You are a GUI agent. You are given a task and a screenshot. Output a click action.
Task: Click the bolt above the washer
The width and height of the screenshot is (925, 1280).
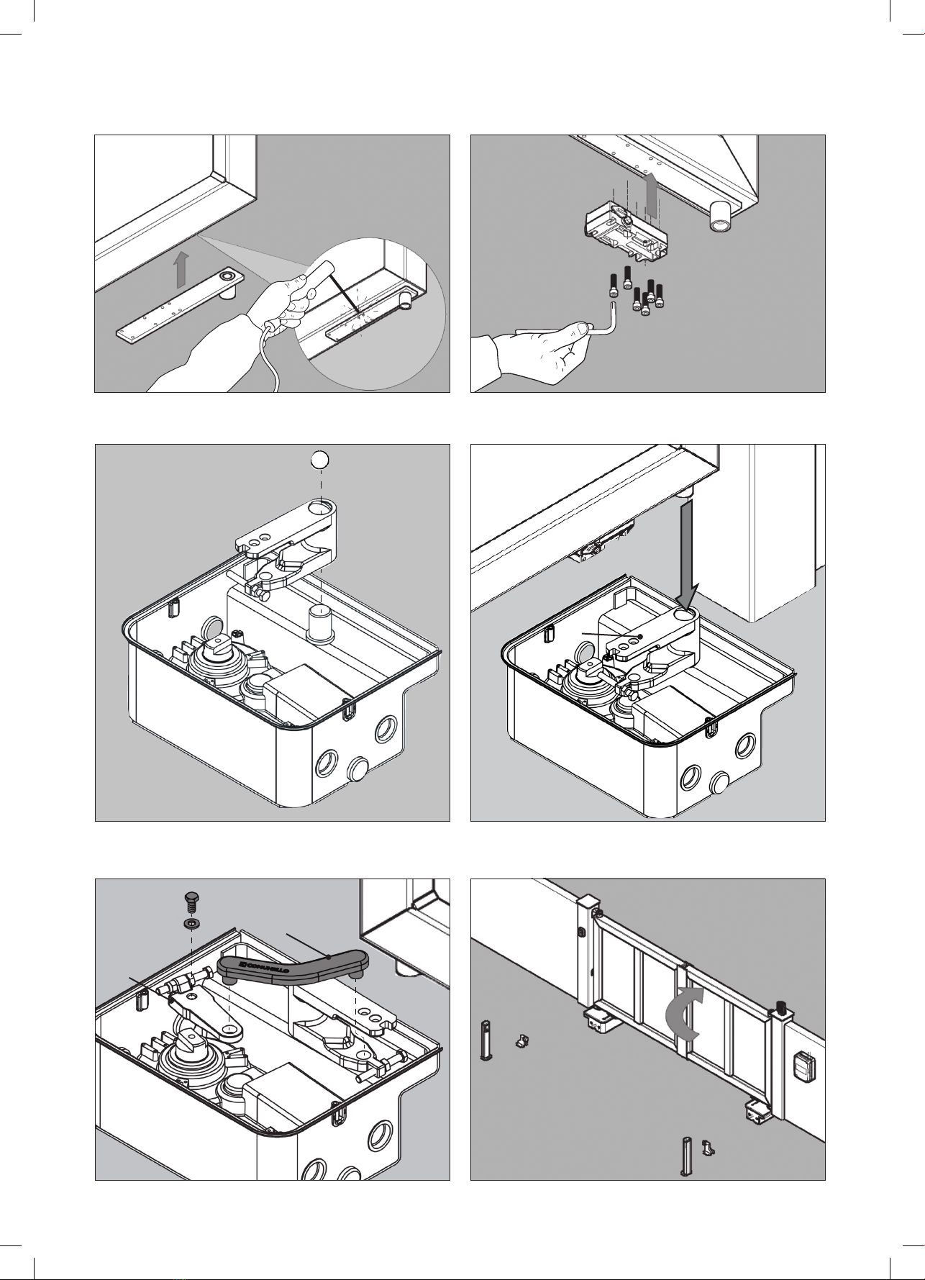[192, 902]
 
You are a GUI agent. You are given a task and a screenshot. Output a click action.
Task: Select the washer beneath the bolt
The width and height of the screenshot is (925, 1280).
[192, 923]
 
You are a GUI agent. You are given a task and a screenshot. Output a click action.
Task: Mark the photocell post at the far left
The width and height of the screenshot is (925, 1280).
[485, 1040]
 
